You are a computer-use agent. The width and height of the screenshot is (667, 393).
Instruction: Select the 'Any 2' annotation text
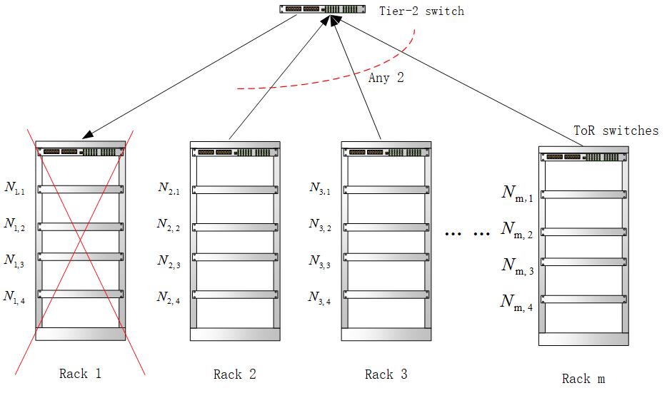coord(386,78)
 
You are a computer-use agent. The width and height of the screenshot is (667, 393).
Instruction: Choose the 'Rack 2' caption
coord(234,374)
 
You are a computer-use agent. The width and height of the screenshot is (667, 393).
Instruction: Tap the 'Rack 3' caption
coord(386,374)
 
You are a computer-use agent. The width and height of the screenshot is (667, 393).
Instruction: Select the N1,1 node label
coord(14,188)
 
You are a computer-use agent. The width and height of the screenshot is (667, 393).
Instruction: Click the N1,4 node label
coord(14,296)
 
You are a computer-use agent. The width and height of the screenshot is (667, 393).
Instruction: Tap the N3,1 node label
coord(319,188)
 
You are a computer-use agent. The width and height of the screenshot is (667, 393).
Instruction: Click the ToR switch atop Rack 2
coord(234,152)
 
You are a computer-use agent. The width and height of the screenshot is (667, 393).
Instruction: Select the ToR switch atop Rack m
coord(583,157)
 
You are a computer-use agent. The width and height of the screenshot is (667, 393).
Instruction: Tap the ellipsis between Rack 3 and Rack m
coord(467,233)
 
